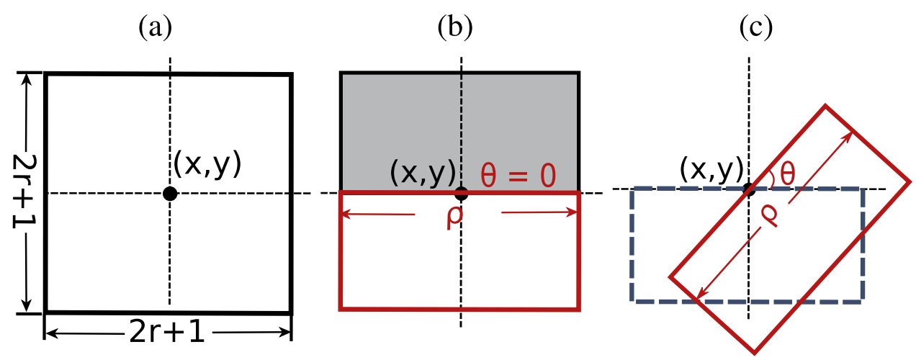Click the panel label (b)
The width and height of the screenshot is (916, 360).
[x=455, y=28]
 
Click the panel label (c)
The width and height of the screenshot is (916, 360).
[x=756, y=28]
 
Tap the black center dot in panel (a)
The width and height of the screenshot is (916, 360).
[x=169, y=193]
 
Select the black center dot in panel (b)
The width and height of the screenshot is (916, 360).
[x=462, y=193]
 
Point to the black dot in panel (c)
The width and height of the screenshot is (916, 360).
[x=749, y=189]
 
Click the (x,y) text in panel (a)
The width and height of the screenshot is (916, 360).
[x=207, y=165]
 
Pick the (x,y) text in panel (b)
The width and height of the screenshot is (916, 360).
[x=423, y=172]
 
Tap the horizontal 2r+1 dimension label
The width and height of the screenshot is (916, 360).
[x=169, y=333]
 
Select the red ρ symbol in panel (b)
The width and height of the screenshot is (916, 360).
[x=454, y=217]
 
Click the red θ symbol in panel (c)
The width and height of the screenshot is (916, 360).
[x=787, y=174]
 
